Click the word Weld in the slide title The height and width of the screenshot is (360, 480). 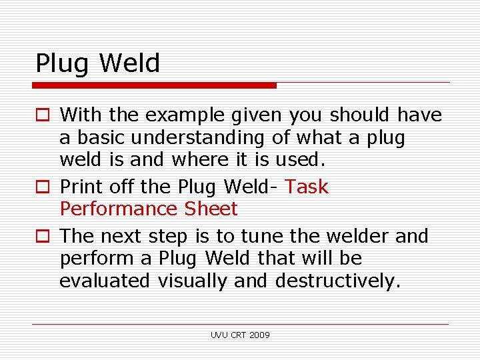pos(130,63)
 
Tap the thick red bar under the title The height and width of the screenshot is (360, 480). pos(155,85)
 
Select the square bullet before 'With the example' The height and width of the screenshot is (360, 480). pos(41,116)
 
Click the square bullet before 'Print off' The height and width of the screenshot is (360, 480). pos(41,188)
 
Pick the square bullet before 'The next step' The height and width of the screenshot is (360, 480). pos(41,237)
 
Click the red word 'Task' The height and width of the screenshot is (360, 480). pos(307,187)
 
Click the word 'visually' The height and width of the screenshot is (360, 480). pos(193,281)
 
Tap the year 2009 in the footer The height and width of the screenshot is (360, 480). pos(260,335)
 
